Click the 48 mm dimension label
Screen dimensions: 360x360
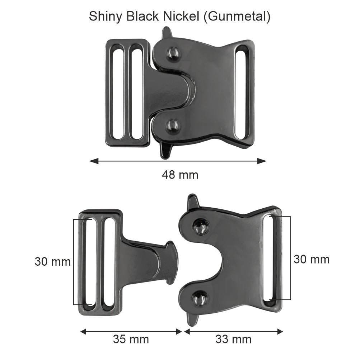[x=180, y=175]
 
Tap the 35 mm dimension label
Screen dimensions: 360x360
[x=131, y=339]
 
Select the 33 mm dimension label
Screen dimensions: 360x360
[x=233, y=339]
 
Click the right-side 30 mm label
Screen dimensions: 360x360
[x=311, y=259]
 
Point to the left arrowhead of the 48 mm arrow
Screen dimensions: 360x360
[x=93, y=161]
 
